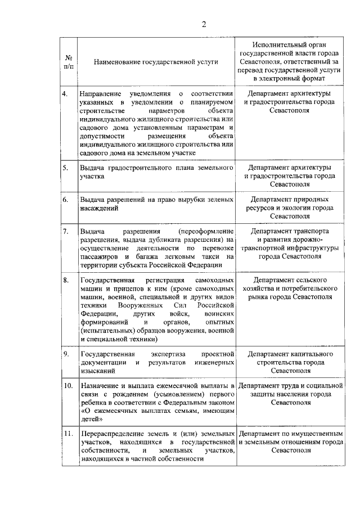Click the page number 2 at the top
pyautogui.click(x=204, y=24)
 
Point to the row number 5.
pyautogui.click(x=65, y=168)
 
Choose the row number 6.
pyautogui.click(x=65, y=200)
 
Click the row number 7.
pyautogui.click(x=65, y=231)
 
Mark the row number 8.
pyautogui.click(x=65, y=280)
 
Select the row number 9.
pyautogui.click(x=65, y=354)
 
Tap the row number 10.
pyautogui.click(x=67, y=386)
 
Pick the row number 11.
pyautogui.click(x=67, y=434)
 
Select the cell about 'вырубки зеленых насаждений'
pyautogui.click(x=156, y=204)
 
